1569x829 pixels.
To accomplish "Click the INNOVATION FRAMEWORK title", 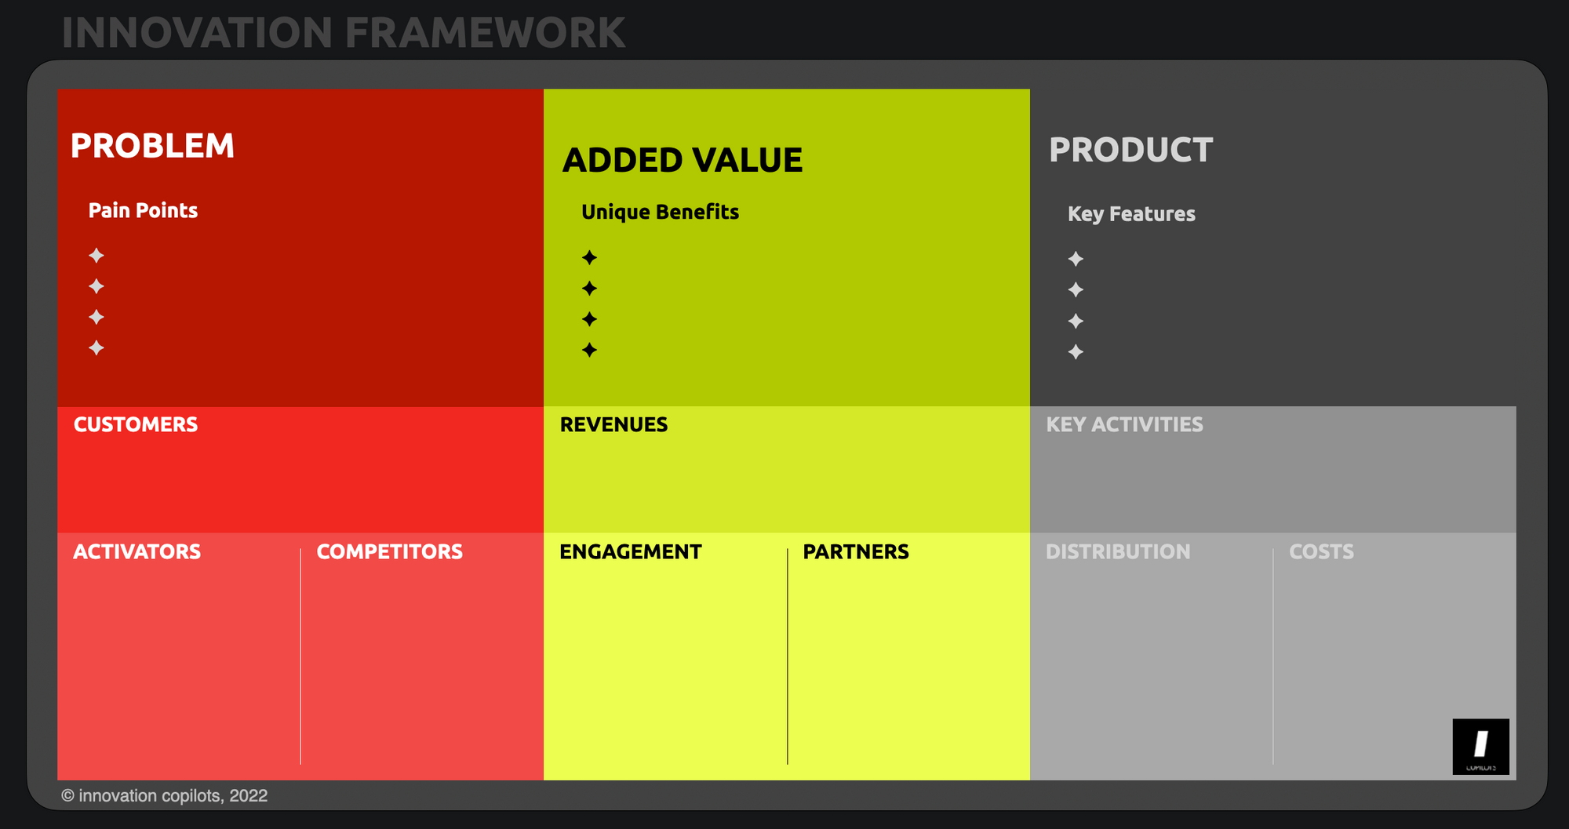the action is [x=344, y=33].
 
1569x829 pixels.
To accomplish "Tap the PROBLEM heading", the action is [x=152, y=146].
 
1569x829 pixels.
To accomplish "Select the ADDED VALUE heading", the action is [x=683, y=160].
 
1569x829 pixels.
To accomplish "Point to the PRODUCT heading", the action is [x=1130, y=150].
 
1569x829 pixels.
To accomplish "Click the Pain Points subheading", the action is [x=143, y=210].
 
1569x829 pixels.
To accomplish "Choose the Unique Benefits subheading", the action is [x=660, y=213].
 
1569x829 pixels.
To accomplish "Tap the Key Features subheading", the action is [x=1131, y=214].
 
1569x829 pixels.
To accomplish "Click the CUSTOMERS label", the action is [x=136, y=424].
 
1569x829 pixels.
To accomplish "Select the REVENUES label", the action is [x=613, y=424].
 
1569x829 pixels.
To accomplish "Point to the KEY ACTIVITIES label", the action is [x=1124, y=424].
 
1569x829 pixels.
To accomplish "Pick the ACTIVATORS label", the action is [x=137, y=551].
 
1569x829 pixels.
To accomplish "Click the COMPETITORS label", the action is [x=389, y=551].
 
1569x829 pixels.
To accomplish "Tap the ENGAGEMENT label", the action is [x=630, y=551].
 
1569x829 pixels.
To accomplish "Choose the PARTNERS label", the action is [x=856, y=551].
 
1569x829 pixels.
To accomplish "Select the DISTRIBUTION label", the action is [x=1118, y=551].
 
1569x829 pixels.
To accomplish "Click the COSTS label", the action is [x=1321, y=551].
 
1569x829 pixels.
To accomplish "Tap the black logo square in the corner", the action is [x=1480, y=747].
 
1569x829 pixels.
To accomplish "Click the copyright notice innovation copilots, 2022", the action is [x=165, y=796].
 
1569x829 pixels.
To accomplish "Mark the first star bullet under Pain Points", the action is [x=96, y=256].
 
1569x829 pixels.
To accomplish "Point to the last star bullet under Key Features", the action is [x=1076, y=352].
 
